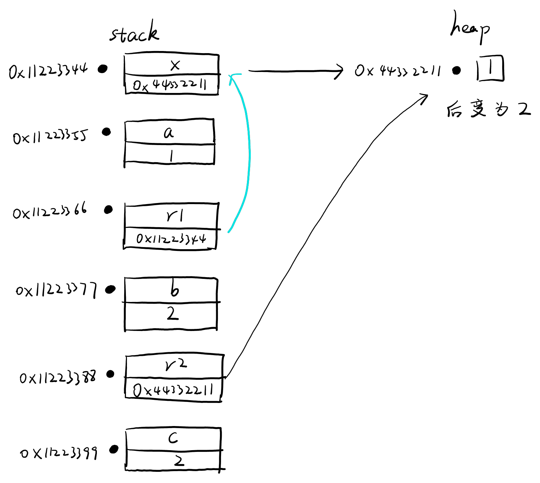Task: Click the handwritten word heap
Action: (470, 28)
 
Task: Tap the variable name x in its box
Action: (175, 65)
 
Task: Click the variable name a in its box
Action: (169, 132)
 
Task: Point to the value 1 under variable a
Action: (171, 155)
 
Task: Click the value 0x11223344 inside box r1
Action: (171, 239)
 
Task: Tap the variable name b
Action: (174, 289)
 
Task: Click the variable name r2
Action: (176, 365)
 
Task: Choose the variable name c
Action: (173, 438)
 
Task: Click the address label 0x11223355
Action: (50, 137)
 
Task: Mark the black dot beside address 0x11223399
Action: (114, 449)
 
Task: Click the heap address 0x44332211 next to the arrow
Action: (398, 71)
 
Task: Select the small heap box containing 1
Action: (490, 68)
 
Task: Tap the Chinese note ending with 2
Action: (489, 109)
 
